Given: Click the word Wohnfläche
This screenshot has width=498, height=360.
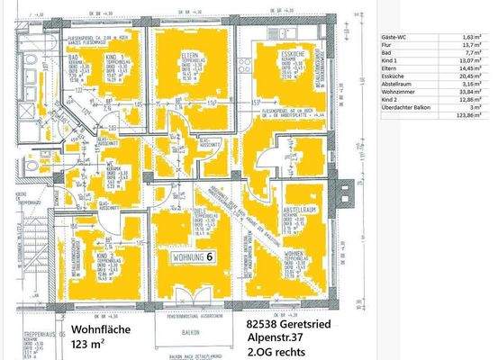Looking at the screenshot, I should click(x=102, y=328).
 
